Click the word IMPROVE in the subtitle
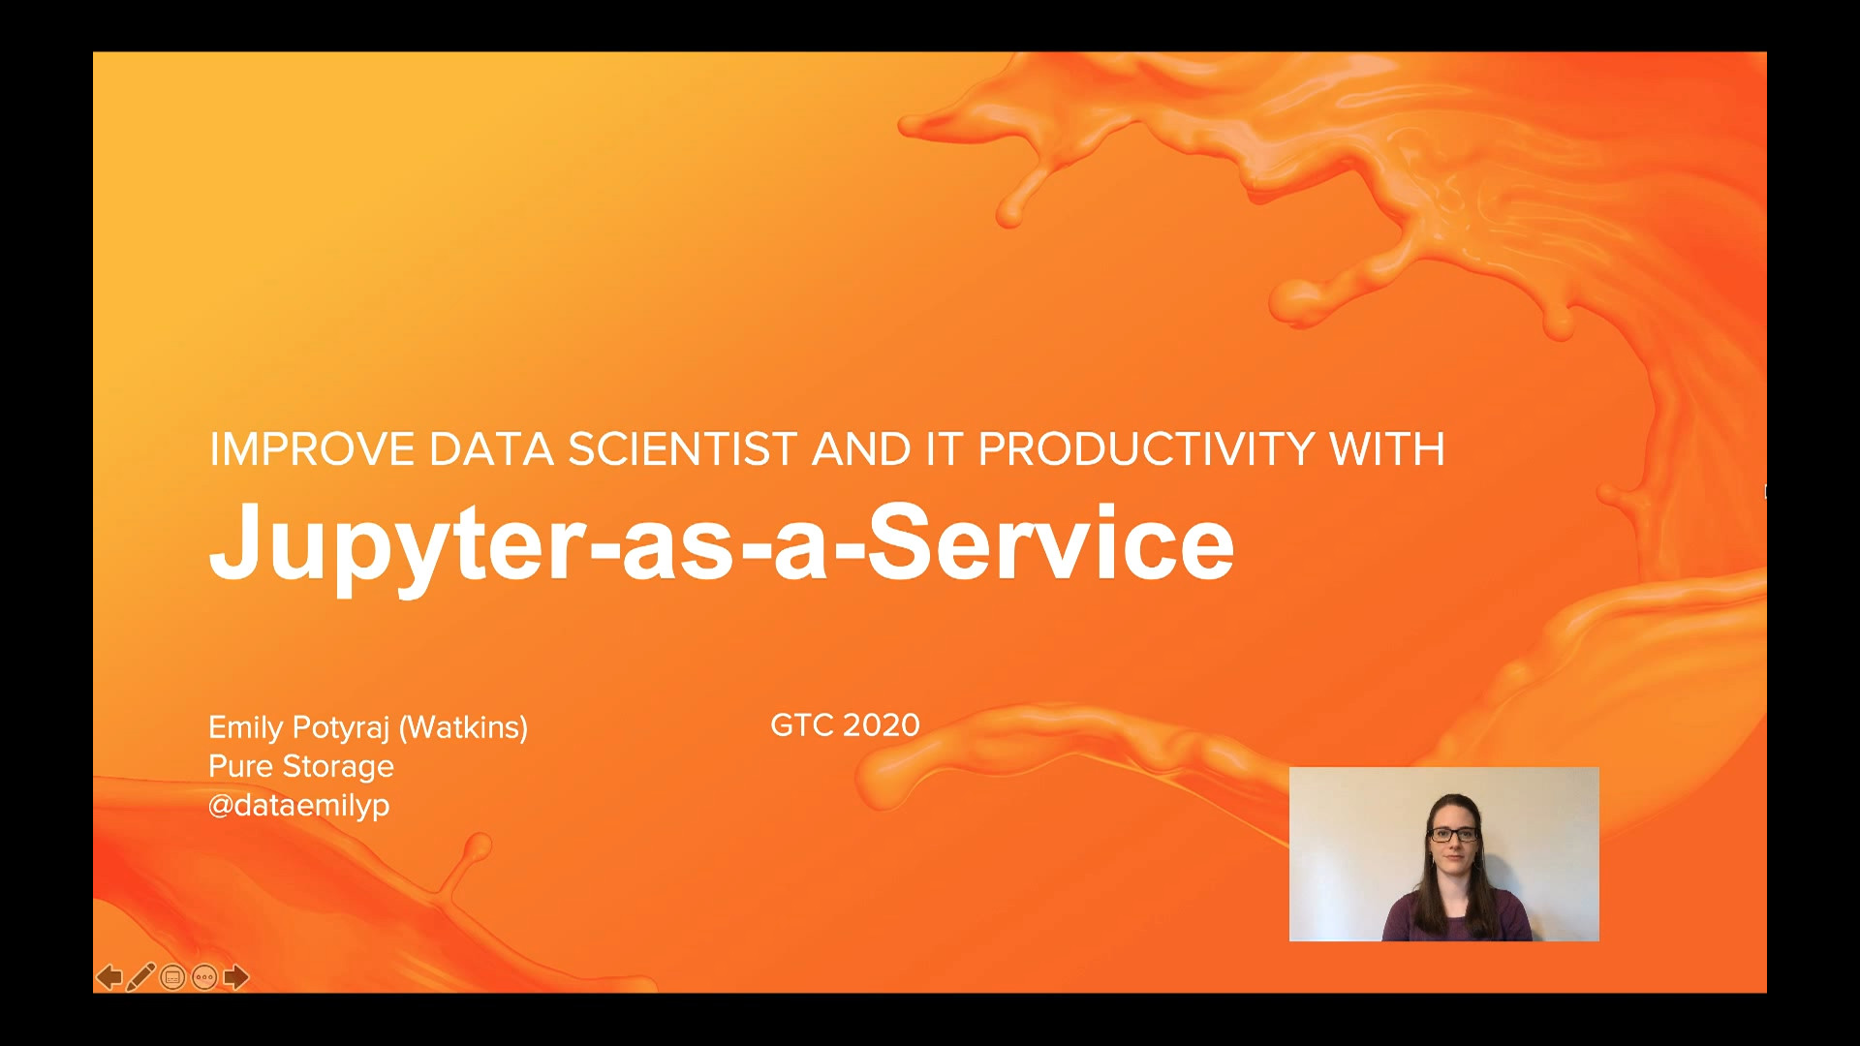(312, 449)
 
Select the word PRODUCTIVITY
(1146, 449)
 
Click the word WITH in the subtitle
(1387, 449)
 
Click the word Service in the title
(1050, 541)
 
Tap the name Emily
(246, 728)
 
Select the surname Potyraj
(340, 728)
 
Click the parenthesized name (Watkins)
(464, 727)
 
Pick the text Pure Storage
(301, 767)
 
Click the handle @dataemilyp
(299, 806)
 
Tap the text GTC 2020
(845, 725)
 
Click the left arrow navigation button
(109, 977)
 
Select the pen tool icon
(140, 977)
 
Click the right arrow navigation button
(236, 977)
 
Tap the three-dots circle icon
(204, 977)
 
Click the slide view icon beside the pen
(172, 977)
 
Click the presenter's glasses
(1453, 834)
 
